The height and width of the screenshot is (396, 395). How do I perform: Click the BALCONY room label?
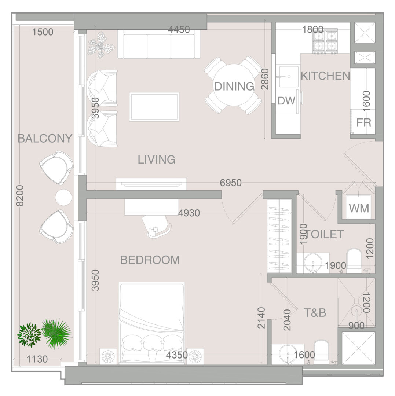click(x=45, y=138)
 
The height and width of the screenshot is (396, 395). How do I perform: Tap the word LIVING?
click(x=157, y=159)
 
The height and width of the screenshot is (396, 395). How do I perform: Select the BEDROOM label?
click(x=150, y=260)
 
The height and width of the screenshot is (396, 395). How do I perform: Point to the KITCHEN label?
click(x=326, y=76)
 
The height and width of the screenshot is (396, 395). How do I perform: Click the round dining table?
click(x=234, y=85)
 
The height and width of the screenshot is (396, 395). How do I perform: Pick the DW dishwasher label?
click(x=286, y=101)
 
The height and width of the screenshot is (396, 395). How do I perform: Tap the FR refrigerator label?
click(x=364, y=123)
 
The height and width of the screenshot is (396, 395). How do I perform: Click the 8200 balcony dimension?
click(x=19, y=196)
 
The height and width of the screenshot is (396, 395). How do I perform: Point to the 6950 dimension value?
click(x=231, y=183)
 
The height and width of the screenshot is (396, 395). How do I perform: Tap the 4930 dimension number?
click(x=189, y=213)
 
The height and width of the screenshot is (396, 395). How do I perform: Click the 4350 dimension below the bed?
click(x=177, y=355)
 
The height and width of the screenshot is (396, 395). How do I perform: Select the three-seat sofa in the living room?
click(x=159, y=44)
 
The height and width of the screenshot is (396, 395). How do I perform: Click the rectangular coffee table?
click(x=154, y=107)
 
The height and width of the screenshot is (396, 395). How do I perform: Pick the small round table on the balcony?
click(x=63, y=197)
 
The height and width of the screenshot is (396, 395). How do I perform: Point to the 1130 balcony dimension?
click(x=37, y=359)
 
